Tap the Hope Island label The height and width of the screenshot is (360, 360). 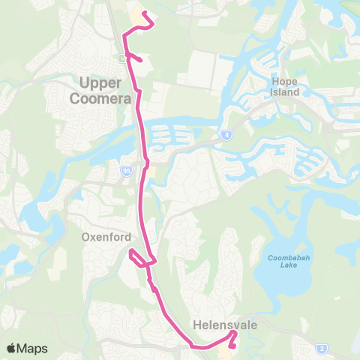click(x=284, y=86)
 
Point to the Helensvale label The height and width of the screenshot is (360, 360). click(x=214, y=325)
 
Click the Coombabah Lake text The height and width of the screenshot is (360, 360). click(x=284, y=262)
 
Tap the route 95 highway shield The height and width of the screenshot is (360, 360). click(x=126, y=171)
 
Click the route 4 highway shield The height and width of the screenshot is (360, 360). click(x=225, y=135)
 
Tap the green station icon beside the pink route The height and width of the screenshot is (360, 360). click(x=122, y=57)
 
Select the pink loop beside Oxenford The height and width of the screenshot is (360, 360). click(x=136, y=258)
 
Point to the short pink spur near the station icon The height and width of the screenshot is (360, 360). click(x=136, y=57)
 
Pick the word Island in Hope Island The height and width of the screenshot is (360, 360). click(x=284, y=92)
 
